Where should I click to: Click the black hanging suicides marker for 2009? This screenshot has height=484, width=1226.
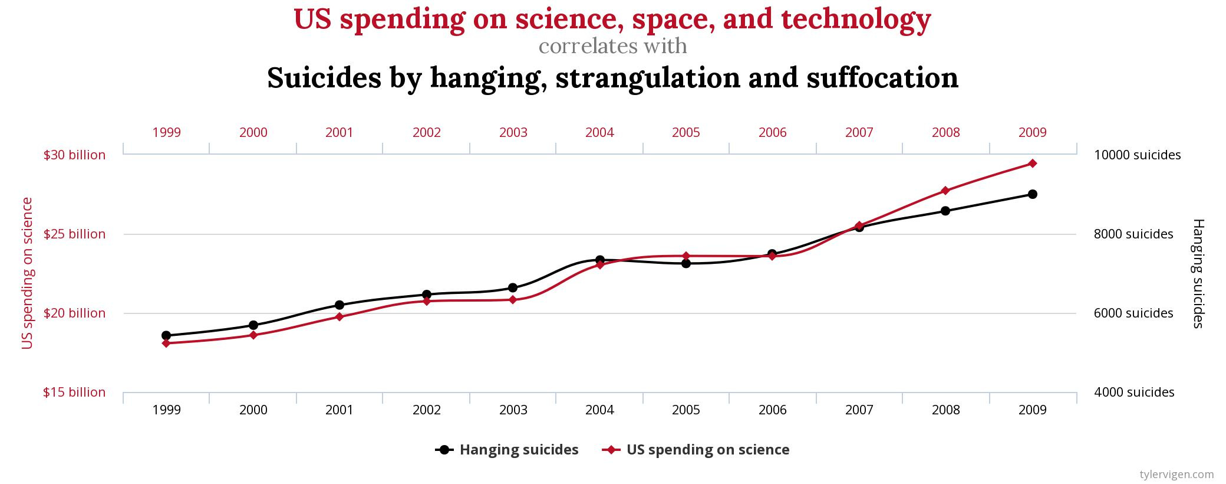tap(1032, 194)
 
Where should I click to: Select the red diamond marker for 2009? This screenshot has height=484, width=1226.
tap(1032, 163)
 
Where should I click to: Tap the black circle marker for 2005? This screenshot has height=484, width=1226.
tap(686, 263)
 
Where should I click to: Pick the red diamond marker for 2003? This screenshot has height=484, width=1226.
tap(513, 300)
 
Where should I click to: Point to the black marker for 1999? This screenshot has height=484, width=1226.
tap(166, 335)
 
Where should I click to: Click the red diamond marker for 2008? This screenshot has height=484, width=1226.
tap(945, 191)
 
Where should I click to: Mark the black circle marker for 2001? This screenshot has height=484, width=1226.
tap(340, 305)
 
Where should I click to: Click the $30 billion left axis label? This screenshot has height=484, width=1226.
tap(74, 155)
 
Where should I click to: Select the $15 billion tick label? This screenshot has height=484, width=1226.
tap(74, 393)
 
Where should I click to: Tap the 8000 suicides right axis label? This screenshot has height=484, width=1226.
tap(1133, 234)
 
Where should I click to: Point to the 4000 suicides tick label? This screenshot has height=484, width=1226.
tap(1134, 393)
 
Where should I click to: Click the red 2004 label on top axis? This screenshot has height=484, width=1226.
tap(599, 133)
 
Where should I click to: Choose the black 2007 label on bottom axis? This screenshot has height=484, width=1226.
tap(859, 410)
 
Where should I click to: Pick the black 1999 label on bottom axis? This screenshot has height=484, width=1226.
tap(166, 410)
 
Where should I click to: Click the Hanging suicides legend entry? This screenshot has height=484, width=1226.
tap(507, 450)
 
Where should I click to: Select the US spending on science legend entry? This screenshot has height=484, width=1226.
tap(696, 450)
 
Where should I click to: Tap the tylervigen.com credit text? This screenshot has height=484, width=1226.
tap(1176, 474)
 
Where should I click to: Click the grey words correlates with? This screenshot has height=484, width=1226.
tap(612, 46)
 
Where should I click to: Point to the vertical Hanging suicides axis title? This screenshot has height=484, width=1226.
tap(1198, 273)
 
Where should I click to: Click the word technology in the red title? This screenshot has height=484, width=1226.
tap(856, 19)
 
